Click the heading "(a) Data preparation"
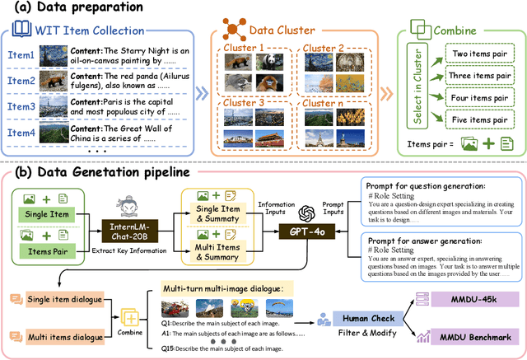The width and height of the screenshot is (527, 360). click(72, 9)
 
